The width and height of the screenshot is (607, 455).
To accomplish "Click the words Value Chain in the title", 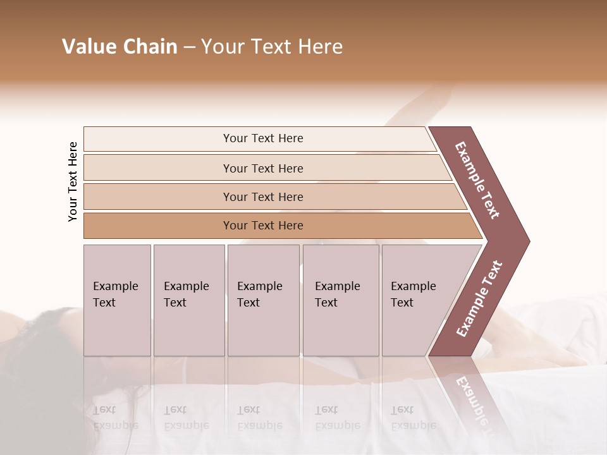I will pyautogui.click(x=120, y=47).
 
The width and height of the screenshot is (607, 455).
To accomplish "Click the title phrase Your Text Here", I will pyautogui.click(x=272, y=47).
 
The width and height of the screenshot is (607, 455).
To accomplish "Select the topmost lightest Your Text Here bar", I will pyautogui.click(x=259, y=138).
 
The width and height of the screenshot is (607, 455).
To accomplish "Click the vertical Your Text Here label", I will pyautogui.click(x=73, y=181).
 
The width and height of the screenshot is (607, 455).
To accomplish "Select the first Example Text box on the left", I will pyautogui.click(x=117, y=300).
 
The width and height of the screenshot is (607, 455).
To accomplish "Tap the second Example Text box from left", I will pyautogui.click(x=189, y=300).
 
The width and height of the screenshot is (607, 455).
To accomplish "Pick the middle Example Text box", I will pyautogui.click(x=263, y=300).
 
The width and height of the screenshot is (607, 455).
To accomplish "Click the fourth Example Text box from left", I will pyautogui.click(x=341, y=300).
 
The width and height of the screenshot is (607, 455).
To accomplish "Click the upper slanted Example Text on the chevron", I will pyautogui.click(x=478, y=180).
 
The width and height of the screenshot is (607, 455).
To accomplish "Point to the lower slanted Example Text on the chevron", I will pyautogui.click(x=479, y=299).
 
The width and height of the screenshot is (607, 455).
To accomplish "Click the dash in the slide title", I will pyautogui.click(x=189, y=47).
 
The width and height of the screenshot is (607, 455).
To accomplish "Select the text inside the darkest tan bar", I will pyautogui.click(x=263, y=226).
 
